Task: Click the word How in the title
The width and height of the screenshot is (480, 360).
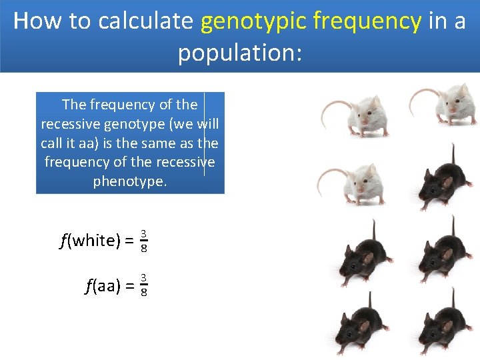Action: [37, 21]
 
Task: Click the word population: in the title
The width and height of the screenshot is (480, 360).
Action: [240, 53]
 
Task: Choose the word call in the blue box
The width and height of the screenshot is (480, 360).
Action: [53, 143]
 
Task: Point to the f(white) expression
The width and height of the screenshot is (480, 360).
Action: [89, 241]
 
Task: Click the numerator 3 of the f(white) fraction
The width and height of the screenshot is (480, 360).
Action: [144, 234]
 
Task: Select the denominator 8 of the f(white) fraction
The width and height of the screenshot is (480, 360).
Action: [144, 249]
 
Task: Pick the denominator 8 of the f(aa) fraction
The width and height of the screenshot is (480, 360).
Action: [144, 294]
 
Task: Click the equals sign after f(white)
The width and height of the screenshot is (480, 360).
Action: [129, 241]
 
